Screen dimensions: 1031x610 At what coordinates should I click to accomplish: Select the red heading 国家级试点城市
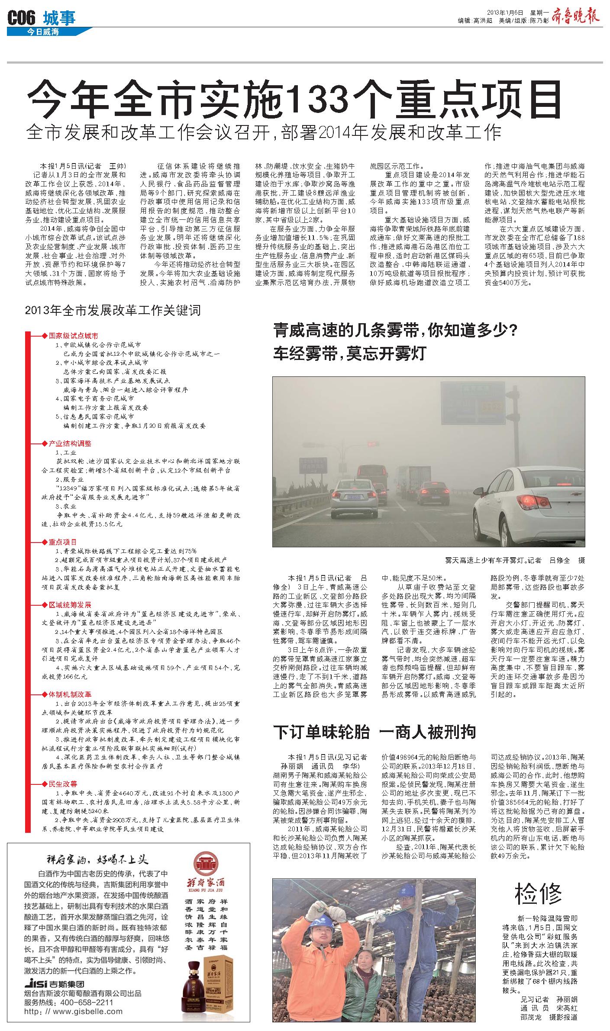(73, 336)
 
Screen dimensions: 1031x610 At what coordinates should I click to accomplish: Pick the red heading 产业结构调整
(70, 443)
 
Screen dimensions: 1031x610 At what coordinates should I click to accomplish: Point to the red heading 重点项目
(62, 542)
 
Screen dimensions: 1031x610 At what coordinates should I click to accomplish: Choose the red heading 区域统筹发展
(70, 604)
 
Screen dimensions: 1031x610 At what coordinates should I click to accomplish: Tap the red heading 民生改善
(62, 784)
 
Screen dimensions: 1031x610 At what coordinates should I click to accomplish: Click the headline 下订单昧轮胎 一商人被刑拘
(374, 732)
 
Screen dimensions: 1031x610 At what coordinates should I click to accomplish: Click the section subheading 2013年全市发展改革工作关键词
(113, 311)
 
